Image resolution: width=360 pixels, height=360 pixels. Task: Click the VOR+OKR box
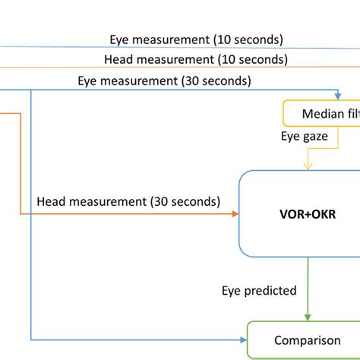pos(300,213)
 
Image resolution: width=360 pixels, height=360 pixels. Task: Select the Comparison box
pos(305,340)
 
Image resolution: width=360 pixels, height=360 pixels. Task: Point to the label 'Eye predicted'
pos(259,290)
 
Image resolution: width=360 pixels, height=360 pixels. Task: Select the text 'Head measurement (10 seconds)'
pos(195,59)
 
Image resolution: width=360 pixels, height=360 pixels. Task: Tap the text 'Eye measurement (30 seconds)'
pos(165,81)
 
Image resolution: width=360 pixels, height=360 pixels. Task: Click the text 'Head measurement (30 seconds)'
pos(128,201)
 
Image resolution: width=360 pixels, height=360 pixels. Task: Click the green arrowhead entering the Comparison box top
pos(308,316)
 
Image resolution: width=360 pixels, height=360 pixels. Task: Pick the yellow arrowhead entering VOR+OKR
pos(308,166)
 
